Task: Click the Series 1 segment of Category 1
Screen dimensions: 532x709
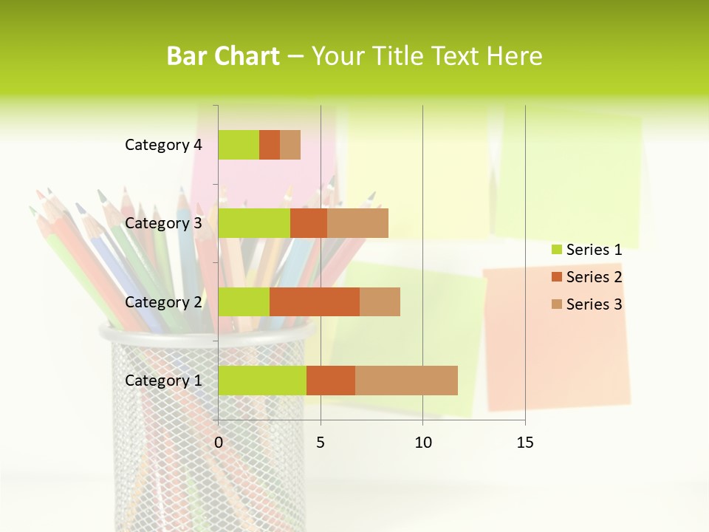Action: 262,381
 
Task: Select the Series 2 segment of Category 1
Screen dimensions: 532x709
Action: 331,381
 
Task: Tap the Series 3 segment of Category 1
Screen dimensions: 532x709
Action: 406,381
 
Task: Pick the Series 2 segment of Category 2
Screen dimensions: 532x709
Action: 315,301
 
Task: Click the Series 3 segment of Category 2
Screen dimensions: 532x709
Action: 380,301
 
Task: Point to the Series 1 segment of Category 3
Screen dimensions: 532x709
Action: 254,223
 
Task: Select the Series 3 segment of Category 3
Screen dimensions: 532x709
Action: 357,223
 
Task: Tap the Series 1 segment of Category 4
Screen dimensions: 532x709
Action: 239,145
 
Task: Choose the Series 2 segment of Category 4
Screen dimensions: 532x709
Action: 270,145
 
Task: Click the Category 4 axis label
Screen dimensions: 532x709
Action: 163,145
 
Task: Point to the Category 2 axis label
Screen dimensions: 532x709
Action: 163,301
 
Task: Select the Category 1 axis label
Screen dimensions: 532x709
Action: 163,381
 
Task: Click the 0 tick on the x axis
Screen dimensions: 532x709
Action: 219,443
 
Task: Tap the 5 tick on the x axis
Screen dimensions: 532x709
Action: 321,443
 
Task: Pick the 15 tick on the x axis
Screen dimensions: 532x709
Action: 525,443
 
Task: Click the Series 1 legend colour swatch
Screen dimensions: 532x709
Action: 556,250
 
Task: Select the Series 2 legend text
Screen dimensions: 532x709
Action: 594,277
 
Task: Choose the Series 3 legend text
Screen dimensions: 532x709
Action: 594,304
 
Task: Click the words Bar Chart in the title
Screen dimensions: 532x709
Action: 223,56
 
